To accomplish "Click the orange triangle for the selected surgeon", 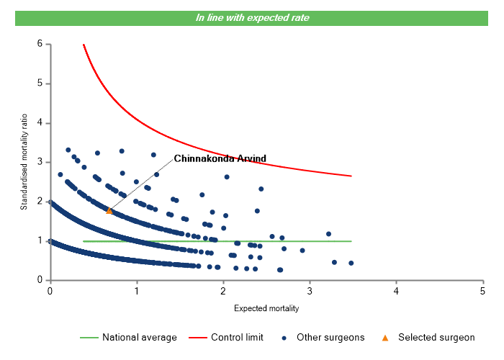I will [x=109, y=210].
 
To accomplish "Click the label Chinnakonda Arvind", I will [x=220, y=158].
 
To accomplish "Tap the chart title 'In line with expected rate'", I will [x=253, y=17].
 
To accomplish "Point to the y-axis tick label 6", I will [x=40, y=44].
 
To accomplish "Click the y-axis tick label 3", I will [x=40, y=162].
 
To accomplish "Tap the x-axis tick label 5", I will [x=482, y=291].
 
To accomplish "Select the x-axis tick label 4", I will [x=396, y=291].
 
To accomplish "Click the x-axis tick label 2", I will [x=223, y=291].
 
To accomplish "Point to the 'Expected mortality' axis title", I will [x=266, y=308].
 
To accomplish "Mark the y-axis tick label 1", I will [x=40, y=240].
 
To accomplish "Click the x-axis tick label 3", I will [x=310, y=291].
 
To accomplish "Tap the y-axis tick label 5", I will [x=40, y=84].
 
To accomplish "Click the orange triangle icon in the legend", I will [x=385, y=337].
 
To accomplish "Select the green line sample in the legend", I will [x=88, y=337].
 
